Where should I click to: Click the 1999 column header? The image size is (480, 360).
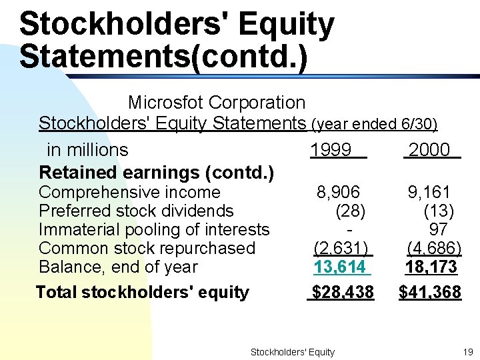(x=331, y=150)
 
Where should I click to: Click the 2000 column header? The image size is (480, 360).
(x=429, y=150)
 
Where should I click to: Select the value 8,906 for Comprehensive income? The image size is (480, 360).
(x=338, y=193)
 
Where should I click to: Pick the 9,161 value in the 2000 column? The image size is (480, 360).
(x=429, y=193)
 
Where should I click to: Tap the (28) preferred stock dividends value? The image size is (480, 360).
(x=350, y=211)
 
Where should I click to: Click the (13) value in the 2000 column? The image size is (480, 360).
(x=439, y=211)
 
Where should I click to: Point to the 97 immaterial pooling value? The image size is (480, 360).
(x=439, y=230)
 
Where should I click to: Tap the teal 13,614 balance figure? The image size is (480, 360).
(x=340, y=267)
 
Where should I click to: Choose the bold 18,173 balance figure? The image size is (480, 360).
(x=431, y=267)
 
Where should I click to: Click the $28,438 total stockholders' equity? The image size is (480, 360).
(x=343, y=292)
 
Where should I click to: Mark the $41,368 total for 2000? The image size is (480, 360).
(x=430, y=292)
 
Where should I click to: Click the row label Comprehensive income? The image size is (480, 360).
(x=129, y=193)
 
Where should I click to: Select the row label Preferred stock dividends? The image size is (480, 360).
(x=136, y=211)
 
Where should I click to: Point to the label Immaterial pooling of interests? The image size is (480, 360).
(x=154, y=230)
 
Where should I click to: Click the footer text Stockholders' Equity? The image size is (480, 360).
(x=292, y=352)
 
